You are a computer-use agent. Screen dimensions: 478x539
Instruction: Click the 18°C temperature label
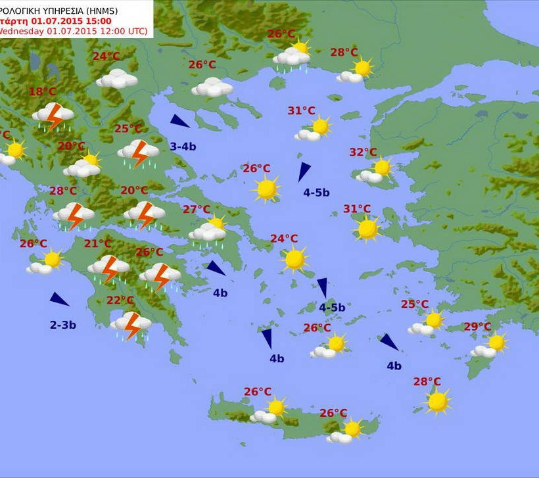42,92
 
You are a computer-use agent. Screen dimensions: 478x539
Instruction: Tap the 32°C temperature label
363,153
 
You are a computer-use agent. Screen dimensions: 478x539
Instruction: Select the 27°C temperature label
197,210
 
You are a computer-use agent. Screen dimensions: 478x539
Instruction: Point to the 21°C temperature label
98,245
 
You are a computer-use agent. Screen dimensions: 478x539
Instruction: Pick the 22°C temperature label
120,300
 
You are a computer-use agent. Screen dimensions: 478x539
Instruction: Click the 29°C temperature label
477,327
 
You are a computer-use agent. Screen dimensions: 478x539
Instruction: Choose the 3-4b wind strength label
183,146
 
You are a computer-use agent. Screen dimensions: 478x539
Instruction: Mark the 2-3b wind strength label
63,324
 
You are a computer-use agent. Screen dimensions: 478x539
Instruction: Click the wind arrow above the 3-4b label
179,121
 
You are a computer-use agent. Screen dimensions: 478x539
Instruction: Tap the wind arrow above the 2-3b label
59,299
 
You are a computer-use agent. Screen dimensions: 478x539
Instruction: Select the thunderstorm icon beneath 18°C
53,116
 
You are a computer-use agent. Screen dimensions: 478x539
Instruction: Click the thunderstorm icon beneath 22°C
131,324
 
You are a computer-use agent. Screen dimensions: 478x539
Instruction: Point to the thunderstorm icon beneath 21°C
108,268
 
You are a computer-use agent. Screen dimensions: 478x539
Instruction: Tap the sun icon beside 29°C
496,343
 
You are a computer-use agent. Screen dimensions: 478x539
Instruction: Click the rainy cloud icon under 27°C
208,233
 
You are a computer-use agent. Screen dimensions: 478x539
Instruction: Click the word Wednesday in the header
21,31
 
